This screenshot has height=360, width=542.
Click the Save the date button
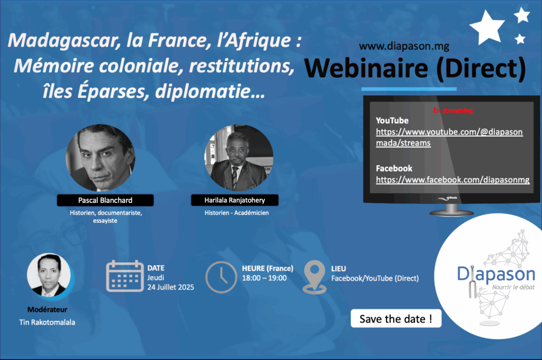click(396, 319)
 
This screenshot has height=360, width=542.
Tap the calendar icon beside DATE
click(125, 276)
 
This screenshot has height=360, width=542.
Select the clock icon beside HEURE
click(221, 277)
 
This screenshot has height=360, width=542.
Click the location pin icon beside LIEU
click(314, 277)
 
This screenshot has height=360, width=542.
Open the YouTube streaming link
click(449, 137)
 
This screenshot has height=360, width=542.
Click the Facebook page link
click(453, 180)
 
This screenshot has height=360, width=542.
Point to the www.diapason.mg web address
click(404, 46)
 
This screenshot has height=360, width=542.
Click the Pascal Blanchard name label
click(105, 200)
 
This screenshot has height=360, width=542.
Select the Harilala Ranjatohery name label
click(234, 200)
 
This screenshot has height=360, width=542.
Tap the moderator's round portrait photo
click(49, 275)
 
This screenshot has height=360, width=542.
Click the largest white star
click(487, 28)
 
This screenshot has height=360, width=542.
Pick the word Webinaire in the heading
click(366, 68)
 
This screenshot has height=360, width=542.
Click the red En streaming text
click(453, 111)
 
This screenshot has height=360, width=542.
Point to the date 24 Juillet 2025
click(171, 287)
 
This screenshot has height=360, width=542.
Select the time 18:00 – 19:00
click(265, 278)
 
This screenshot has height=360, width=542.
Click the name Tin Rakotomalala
click(47, 322)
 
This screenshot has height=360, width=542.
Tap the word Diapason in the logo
click(496, 274)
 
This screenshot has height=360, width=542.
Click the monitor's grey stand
click(451, 210)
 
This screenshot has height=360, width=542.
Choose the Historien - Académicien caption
click(237, 213)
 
